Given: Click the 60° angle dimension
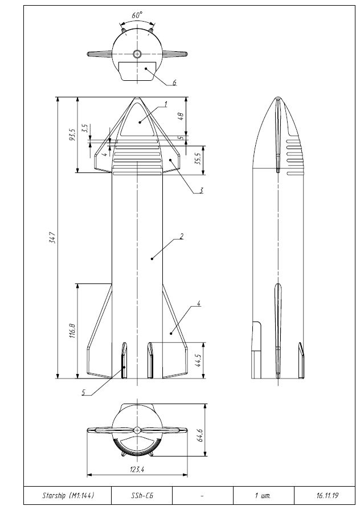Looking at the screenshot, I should pos(137,16).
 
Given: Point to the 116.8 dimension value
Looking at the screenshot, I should pos(72,331).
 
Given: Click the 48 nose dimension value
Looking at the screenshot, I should pos(180,116).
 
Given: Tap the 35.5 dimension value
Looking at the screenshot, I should pos(198,158).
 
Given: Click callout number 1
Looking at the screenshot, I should pos(165,104).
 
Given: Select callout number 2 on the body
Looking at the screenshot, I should pos(181,236).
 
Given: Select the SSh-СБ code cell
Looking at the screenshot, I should pos(141,495).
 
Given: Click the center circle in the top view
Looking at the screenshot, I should pos(137,54).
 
